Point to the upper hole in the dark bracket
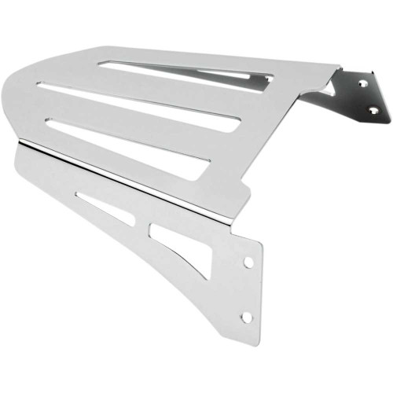pyautogui.click(x=362, y=81)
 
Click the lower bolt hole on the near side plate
pyautogui.click(x=247, y=316)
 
